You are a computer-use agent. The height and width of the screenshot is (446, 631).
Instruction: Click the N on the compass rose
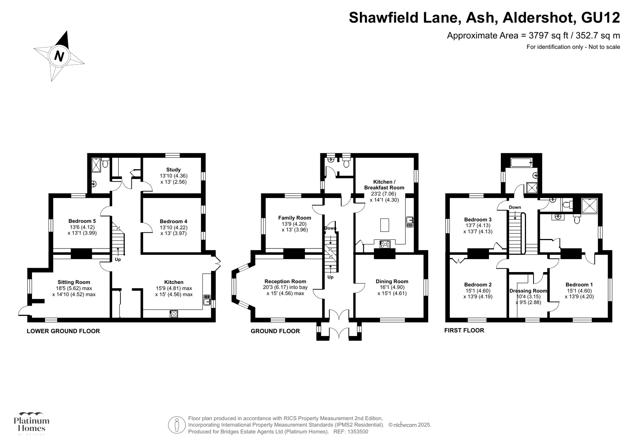click(x=59, y=56)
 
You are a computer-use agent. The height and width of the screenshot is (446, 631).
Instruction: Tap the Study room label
click(x=173, y=170)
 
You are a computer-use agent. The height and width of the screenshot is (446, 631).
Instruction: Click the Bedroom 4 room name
click(x=173, y=221)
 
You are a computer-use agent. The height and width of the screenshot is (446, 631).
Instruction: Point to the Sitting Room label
click(x=74, y=282)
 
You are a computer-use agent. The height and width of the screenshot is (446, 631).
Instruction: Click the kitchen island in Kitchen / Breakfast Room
click(x=384, y=225)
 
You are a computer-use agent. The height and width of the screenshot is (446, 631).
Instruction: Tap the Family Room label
click(x=295, y=218)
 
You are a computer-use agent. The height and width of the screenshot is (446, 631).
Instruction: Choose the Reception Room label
click(x=285, y=281)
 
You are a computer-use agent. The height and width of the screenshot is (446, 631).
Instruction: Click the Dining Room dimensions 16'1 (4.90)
click(x=392, y=287)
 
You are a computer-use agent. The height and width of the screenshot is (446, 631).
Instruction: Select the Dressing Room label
click(x=528, y=291)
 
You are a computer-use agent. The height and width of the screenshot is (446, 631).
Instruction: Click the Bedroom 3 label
click(x=478, y=219)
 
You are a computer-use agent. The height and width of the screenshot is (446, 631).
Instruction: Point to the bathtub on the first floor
click(x=521, y=162)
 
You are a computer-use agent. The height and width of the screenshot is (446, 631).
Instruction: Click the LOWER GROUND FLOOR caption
click(x=63, y=331)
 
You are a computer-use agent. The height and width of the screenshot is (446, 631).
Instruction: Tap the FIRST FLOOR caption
click(x=464, y=330)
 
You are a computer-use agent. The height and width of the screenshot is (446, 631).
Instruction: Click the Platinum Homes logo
click(x=32, y=424)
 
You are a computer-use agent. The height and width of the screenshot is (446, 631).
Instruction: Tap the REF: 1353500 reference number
click(x=351, y=432)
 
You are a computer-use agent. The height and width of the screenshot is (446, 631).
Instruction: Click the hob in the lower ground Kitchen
click(x=174, y=314)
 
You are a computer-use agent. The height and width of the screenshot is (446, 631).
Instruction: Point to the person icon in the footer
click(x=177, y=425)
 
